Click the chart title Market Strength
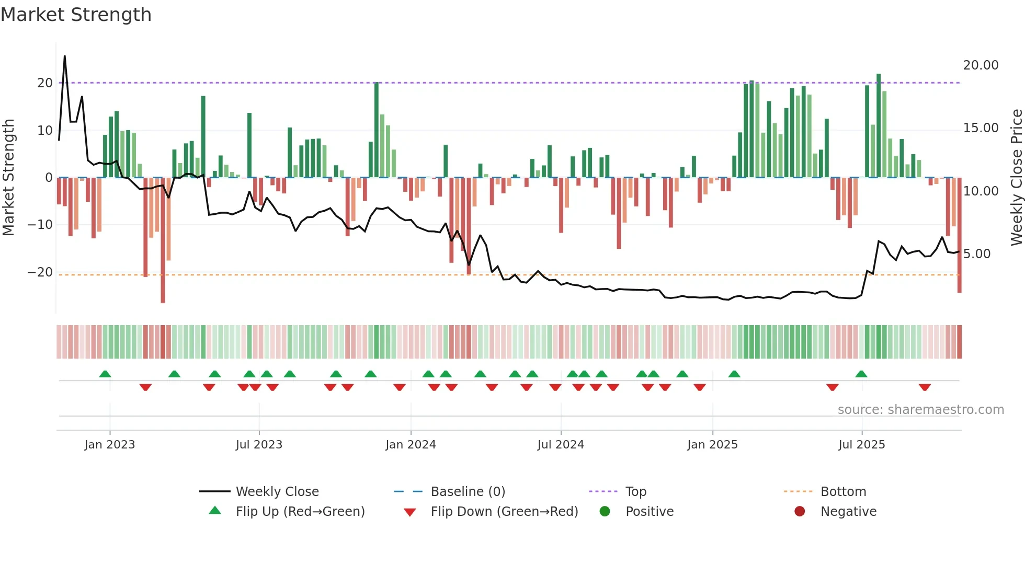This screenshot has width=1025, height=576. pyautogui.click(x=76, y=15)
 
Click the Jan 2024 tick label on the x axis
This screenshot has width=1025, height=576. pyautogui.click(x=411, y=445)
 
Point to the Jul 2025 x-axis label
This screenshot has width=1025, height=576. pyautogui.click(x=861, y=445)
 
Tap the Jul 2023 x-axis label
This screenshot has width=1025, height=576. pyautogui.click(x=259, y=445)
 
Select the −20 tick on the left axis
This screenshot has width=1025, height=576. pyautogui.click(x=40, y=272)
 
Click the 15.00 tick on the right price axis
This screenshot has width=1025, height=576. pyautogui.click(x=981, y=128)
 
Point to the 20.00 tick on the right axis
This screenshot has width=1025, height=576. pyautogui.click(x=981, y=65)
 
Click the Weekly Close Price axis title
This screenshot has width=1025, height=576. pyautogui.click(x=1016, y=178)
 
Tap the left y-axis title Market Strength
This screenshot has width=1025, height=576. pyautogui.click(x=8, y=178)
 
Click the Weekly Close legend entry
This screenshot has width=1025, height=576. pyautogui.click(x=277, y=492)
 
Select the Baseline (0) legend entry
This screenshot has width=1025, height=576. pyautogui.click(x=468, y=492)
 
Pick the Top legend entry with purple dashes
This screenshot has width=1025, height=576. pyautogui.click(x=635, y=492)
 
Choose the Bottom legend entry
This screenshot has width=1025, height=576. pyautogui.click(x=843, y=492)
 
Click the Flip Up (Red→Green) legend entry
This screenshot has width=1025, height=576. pyautogui.click(x=300, y=512)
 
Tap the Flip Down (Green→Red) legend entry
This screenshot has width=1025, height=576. pyautogui.click(x=504, y=512)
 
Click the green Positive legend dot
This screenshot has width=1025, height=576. pyautogui.click(x=605, y=512)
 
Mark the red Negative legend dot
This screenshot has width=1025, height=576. pyautogui.click(x=800, y=512)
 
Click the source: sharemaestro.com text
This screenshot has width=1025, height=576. pyautogui.click(x=920, y=410)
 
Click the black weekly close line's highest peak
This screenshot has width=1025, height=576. pyautogui.click(x=65, y=56)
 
